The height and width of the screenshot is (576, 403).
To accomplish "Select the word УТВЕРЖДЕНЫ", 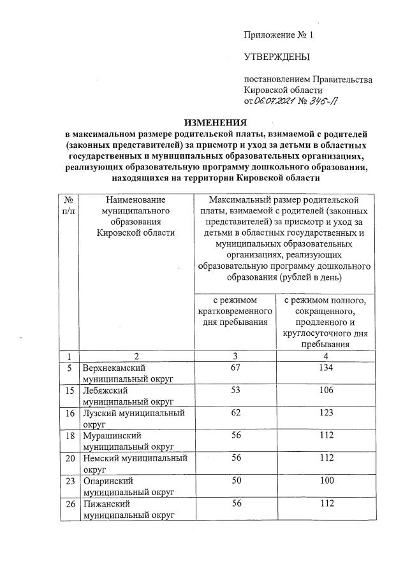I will [277, 57].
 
